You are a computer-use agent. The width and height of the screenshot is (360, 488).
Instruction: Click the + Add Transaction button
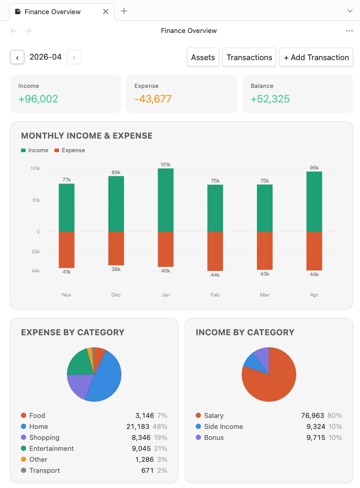pos(316,58)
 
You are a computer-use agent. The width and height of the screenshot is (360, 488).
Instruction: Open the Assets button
pos(203,58)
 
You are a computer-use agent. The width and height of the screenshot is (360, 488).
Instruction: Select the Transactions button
pos(249,58)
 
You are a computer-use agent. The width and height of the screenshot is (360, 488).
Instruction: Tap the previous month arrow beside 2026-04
pos(17,58)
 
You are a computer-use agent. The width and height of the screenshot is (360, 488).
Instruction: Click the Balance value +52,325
pos(270,99)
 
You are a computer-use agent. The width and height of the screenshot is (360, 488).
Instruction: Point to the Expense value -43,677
pos(153,99)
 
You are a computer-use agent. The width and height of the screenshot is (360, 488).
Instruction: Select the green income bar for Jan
pos(165,200)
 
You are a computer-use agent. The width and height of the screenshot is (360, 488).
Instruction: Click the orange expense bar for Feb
pos(215,251)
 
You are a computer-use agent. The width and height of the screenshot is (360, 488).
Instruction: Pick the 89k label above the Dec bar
pos(116,172)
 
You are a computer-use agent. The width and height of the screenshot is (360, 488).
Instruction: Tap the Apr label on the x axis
pos(314,295)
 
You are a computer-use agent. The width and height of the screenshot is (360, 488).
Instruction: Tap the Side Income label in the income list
pos(223,427)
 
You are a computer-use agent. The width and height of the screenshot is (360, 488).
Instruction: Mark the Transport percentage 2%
pos(162,471)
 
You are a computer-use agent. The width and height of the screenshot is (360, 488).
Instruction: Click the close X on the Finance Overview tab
pos(106,12)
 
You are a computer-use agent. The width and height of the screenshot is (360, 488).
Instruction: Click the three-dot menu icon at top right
pos(350,31)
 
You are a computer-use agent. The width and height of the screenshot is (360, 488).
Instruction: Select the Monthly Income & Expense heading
pos(87,136)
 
